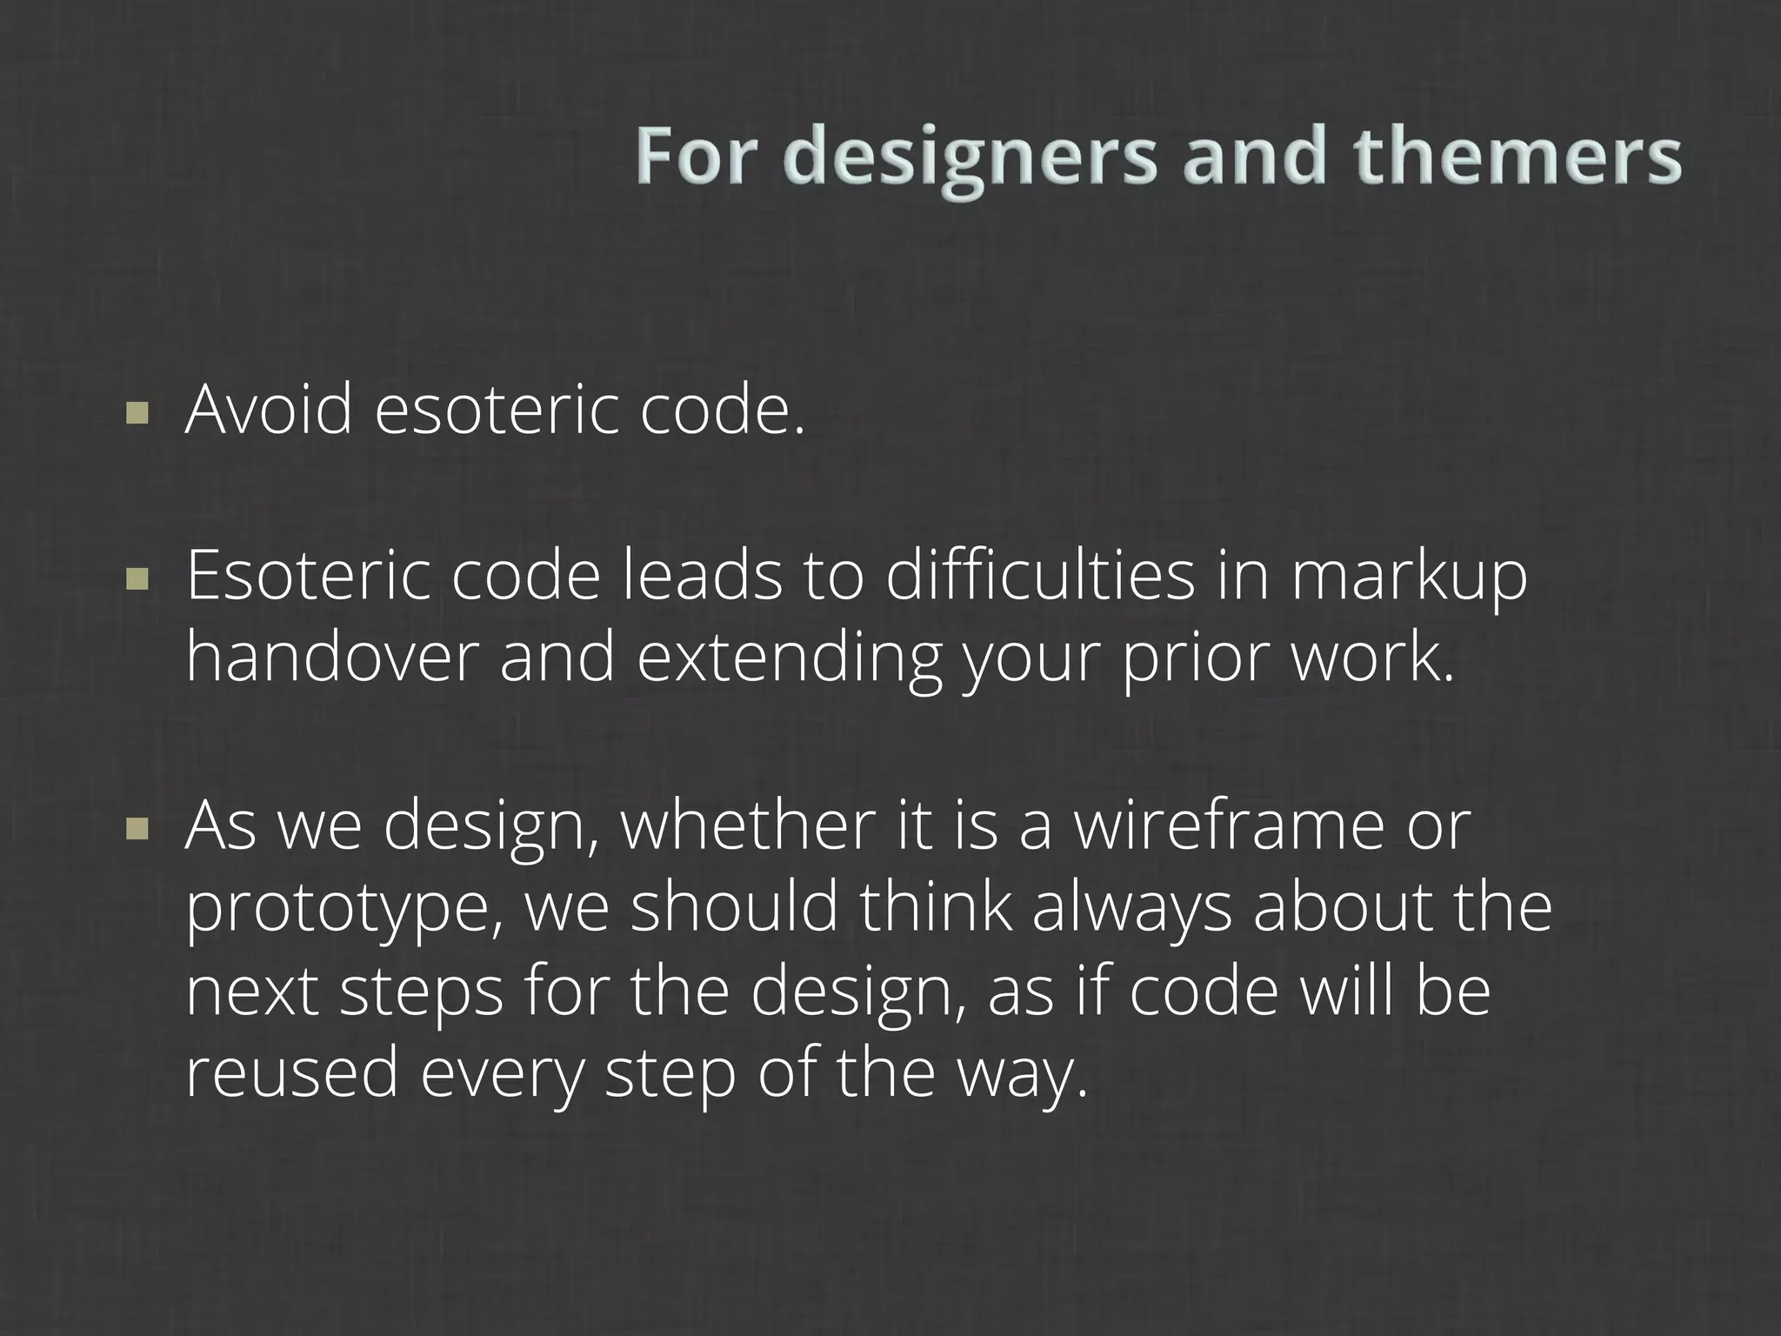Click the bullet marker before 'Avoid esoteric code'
(137, 411)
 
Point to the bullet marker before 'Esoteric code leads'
(137, 578)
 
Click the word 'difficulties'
(1039, 576)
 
